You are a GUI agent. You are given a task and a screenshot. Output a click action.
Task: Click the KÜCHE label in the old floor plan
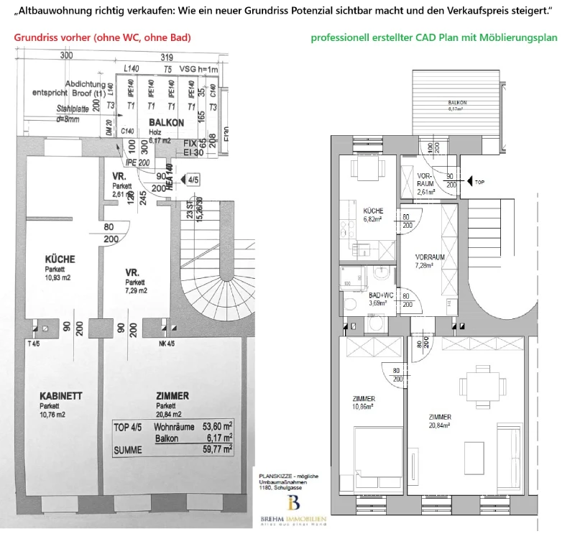(x=60, y=259)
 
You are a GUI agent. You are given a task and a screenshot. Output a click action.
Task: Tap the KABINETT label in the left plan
(x=60, y=396)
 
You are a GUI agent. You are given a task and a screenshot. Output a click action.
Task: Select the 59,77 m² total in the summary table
(x=216, y=449)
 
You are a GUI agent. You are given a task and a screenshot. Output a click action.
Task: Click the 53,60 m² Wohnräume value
(x=216, y=426)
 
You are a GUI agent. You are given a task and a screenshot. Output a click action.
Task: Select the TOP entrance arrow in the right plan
(x=466, y=183)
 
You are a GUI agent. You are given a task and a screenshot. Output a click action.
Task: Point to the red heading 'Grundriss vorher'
(x=103, y=37)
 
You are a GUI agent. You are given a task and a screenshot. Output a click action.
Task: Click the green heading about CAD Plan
(x=433, y=37)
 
